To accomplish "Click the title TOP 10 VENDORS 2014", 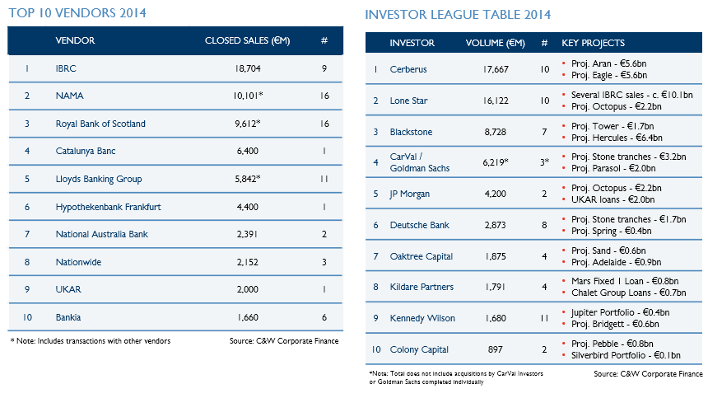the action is point(77,12).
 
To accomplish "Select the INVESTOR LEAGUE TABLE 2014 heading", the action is point(458,15).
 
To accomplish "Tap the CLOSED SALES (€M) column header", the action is point(248,40).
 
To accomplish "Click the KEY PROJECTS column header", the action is point(594,43).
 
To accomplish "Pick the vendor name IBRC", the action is point(66,68).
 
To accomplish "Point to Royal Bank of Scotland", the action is point(100,124).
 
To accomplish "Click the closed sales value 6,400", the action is point(248,151).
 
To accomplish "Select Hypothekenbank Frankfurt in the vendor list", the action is point(109,207).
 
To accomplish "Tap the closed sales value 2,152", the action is point(248,262).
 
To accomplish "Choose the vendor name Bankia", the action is point(68,317).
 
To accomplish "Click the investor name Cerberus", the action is point(408,69).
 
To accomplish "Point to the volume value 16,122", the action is point(496,101).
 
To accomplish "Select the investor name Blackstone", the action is point(411,132).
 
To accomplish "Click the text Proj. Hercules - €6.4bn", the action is point(617,138).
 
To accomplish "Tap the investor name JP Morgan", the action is point(409,194).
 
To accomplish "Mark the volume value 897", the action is point(496,349).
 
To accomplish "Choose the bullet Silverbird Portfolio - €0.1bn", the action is point(626,355).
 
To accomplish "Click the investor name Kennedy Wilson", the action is point(422,318).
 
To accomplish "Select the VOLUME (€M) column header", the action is point(496,43).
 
